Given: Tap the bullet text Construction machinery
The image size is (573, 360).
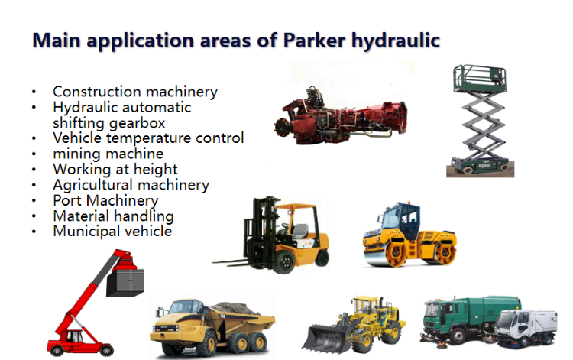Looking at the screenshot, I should pyautogui.click(x=135, y=92).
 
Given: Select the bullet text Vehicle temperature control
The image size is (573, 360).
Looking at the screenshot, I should pyautogui.click(x=148, y=138).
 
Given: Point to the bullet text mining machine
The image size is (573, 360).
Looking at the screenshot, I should pyautogui.click(x=108, y=154).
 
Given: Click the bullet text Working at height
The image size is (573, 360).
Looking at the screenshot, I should pyautogui.click(x=115, y=169).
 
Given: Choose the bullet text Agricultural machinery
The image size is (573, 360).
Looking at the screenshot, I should pyautogui.click(x=131, y=185).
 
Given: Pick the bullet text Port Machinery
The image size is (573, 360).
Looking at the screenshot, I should pyautogui.click(x=105, y=200).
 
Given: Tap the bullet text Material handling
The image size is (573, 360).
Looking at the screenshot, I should pyautogui.click(x=113, y=216).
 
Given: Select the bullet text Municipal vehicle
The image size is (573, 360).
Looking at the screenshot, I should pyautogui.click(x=112, y=231).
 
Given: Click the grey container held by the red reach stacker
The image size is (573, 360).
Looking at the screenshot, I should pyautogui.click(x=124, y=282).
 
